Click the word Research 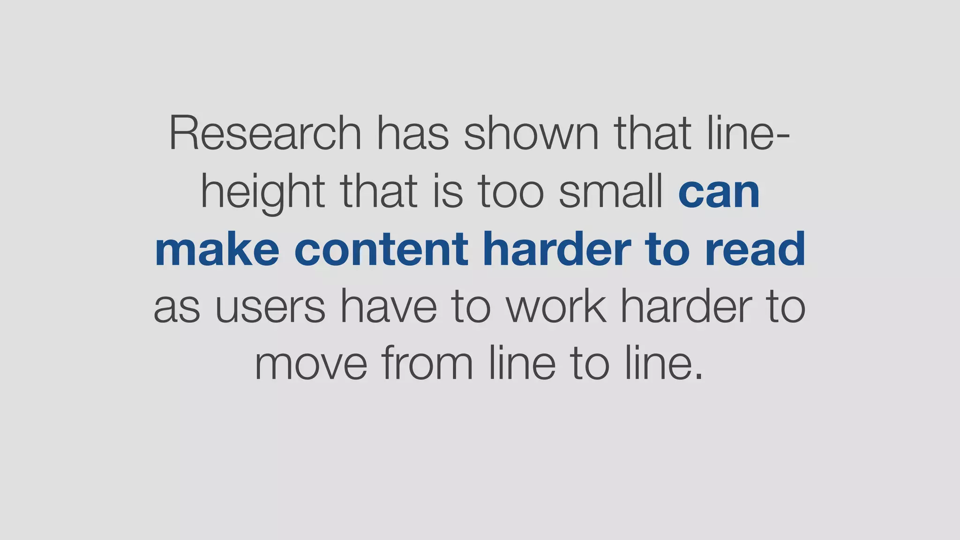pos(265,133)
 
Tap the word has pos(413,133)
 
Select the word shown pos(531,133)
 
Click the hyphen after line pos(784,136)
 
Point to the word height pos(262,192)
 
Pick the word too pos(511,192)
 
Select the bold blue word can pos(719,193)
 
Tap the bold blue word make pos(217,249)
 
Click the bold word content pos(381,249)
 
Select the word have pos(388,307)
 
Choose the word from pos(427,364)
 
